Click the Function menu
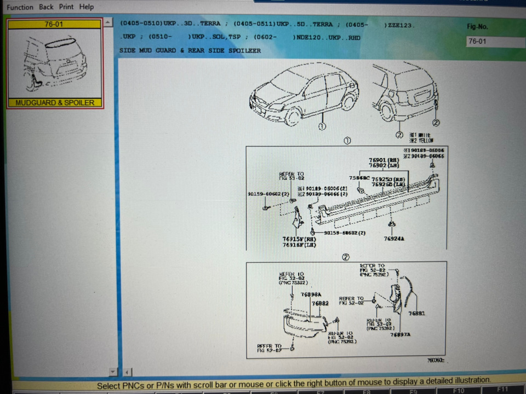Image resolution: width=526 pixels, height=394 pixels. pos(20,7)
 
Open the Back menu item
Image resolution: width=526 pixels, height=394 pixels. pos(47,7)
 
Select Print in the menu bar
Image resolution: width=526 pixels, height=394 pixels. pos(66,7)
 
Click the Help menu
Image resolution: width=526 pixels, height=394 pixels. pos(87,7)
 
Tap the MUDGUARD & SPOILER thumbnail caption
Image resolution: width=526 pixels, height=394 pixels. pos(55,103)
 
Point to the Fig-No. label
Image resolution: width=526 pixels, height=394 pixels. pos(477,27)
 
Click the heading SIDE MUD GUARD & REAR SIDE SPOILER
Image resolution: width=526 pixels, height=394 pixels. pos(190,50)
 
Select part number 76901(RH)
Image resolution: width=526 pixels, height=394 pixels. pos(384,160)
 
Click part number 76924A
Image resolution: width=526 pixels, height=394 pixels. pos(395,239)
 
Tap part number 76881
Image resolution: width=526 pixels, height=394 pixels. pos(416,313)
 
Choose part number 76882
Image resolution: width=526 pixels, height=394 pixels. pos(320,303)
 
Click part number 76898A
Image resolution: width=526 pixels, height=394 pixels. pos(311,294)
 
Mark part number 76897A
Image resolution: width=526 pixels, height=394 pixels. pos(400,334)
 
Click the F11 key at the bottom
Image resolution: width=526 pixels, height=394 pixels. pos(502,390)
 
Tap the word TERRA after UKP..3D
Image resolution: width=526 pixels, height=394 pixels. pos(210,24)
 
